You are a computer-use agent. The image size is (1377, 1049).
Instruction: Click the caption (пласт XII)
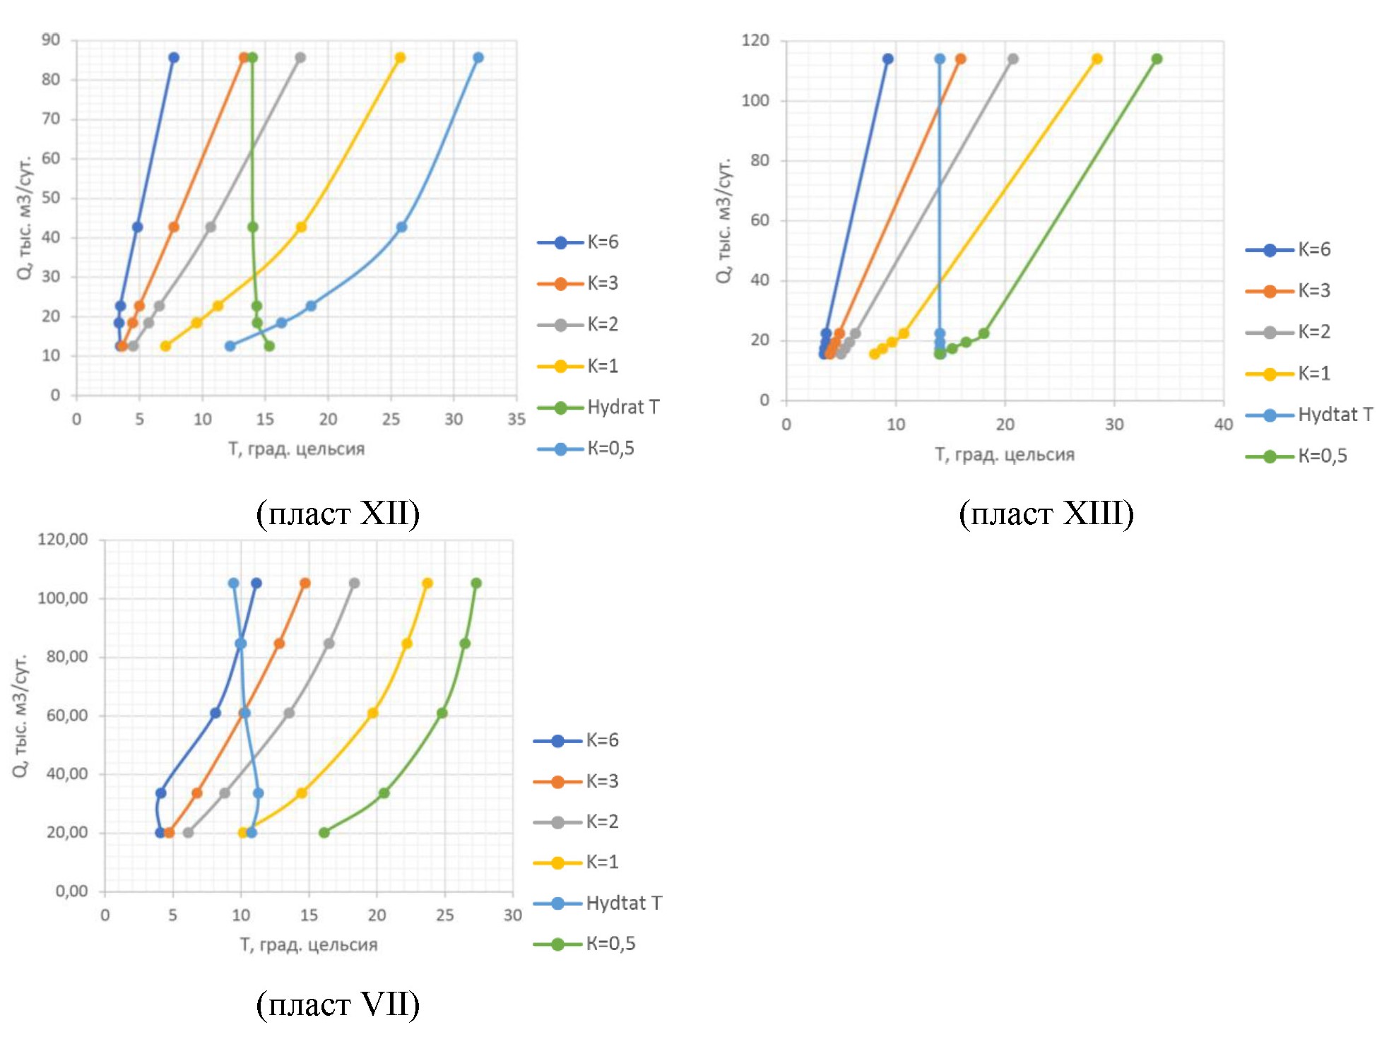pyautogui.click(x=338, y=514)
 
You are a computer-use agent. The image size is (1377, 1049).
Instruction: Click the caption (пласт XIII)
pyautogui.click(x=1046, y=514)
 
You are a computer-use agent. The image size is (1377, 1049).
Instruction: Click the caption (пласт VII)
pyautogui.click(x=338, y=1004)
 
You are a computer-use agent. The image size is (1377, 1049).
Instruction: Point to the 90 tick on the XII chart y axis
pyautogui.click(x=51, y=40)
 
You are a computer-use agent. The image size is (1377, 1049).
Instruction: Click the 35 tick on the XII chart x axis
pyautogui.click(x=516, y=420)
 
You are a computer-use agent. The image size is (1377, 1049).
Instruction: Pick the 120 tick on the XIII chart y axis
pyautogui.click(x=755, y=40)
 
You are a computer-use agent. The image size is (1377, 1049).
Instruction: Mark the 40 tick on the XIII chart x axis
pyautogui.click(x=1223, y=425)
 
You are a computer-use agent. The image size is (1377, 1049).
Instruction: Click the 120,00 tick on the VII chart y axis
pyautogui.click(x=63, y=540)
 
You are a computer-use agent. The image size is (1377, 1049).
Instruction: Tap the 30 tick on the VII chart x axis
pyautogui.click(x=512, y=915)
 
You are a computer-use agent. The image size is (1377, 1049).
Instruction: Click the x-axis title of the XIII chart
pyautogui.click(x=1004, y=455)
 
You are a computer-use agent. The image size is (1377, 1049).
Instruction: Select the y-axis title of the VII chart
pyautogui.click(x=20, y=715)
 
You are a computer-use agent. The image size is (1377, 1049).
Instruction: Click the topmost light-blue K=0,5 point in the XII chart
pyautogui.click(x=478, y=58)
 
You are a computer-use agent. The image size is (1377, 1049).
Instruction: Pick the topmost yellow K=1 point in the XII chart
pyautogui.click(x=400, y=58)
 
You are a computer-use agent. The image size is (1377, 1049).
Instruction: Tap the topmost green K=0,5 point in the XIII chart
pyautogui.click(x=1157, y=59)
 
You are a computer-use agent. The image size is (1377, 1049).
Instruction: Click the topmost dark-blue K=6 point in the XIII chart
pyautogui.click(x=887, y=59)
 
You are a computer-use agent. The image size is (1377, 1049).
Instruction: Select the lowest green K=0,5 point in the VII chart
pyautogui.click(x=324, y=833)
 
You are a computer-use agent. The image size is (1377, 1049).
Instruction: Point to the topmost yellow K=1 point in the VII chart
pyautogui.click(x=427, y=583)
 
